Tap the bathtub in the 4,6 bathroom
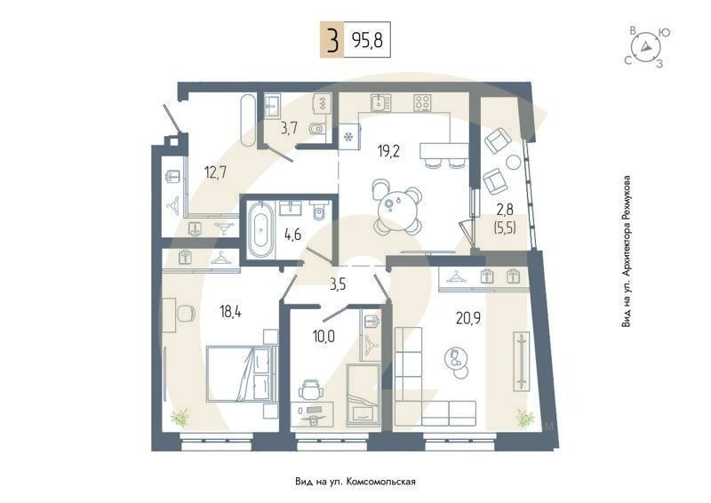[260, 230]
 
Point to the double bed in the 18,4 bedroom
[238, 373]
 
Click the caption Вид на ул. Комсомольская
[355, 481]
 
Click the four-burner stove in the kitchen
[422, 102]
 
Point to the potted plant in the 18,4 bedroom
[181, 414]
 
